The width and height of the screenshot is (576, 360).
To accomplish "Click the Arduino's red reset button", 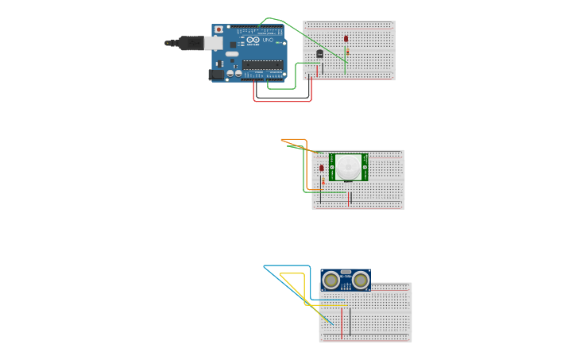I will tap(218, 29).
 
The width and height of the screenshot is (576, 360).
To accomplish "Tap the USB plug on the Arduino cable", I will tap(190, 43).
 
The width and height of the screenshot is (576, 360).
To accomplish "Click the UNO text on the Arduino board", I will tap(268, 41).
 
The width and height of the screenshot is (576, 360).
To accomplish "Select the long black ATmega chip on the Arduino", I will tap(262, 64).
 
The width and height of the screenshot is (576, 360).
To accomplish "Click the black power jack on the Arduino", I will tap(215, 75).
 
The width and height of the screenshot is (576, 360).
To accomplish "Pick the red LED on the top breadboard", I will tap(346, 38).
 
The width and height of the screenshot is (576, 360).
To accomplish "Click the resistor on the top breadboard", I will tap(347, 52).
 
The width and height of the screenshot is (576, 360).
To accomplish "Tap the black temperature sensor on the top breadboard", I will tap(319, 54).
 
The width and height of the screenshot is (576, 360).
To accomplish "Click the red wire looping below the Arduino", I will tap(282, 101).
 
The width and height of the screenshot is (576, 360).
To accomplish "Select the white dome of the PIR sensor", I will tap(348, 167).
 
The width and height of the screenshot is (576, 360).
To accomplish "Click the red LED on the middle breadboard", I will tap(322, 168).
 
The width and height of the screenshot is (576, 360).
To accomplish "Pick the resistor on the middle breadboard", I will tap(322, 182).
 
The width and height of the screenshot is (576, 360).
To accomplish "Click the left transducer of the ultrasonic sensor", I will tap(331, 280).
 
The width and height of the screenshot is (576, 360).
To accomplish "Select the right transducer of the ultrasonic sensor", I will tap(361, 280).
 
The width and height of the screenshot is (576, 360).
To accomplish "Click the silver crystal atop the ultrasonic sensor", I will tap(346, 273).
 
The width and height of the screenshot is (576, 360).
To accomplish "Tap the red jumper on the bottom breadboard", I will tap(342, 322).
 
